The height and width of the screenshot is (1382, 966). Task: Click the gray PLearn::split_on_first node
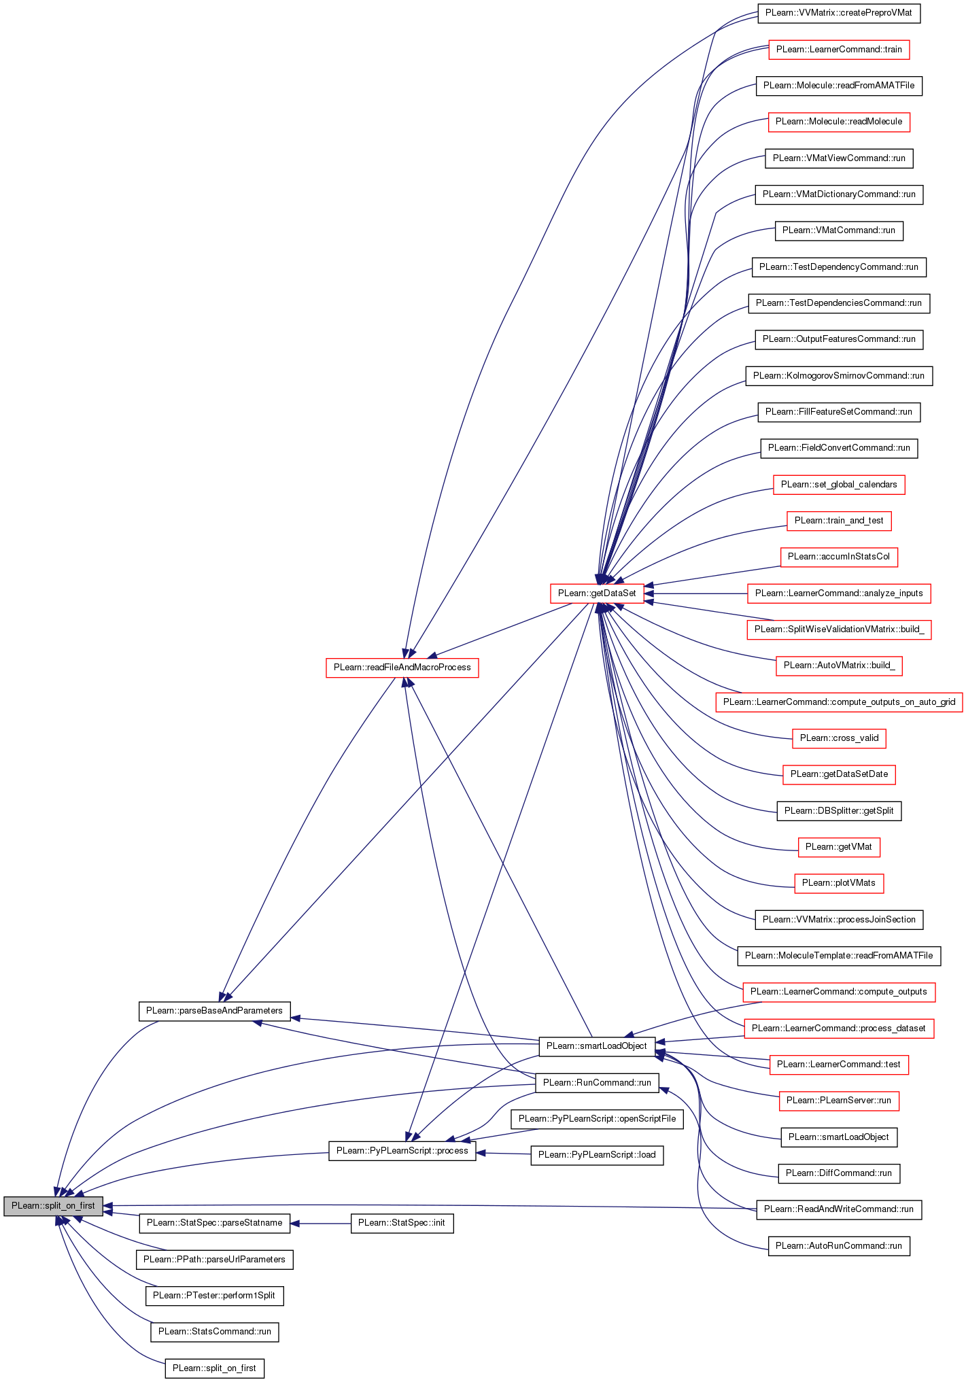click(53, 1206)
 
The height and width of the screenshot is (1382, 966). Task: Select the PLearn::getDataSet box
click(597, 593)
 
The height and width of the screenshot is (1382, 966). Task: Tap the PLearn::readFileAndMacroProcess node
click(402, 668)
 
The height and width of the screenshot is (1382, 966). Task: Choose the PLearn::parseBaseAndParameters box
click(214, 1011)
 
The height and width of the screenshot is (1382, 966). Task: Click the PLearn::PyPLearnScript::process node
click(402, 1151)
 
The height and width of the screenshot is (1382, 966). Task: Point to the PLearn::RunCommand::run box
click(597, 1083)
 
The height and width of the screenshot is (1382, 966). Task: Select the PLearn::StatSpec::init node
click(401, 1223)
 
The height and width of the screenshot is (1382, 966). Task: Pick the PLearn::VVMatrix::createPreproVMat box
click(839, 13)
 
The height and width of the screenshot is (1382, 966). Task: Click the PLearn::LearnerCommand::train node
click(839, 50)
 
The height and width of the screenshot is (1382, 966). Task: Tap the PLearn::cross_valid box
click(839, 738)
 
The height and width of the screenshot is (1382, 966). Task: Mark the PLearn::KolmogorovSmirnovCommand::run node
click(839, 376)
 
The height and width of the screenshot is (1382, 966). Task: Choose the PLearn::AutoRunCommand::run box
click(839, 1246)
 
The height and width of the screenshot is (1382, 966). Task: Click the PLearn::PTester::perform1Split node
click(214, 1296)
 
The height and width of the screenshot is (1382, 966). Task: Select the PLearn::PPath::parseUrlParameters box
click(214, 1260)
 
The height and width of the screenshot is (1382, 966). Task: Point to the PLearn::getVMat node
click(839, 847)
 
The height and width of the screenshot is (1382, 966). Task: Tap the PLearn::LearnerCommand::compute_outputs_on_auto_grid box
click(839, 702)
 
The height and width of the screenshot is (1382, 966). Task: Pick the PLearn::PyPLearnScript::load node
click(597, 1155)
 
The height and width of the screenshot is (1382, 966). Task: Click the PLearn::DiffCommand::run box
click(839, 1173)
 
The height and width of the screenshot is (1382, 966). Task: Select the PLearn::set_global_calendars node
click(839, 485)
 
